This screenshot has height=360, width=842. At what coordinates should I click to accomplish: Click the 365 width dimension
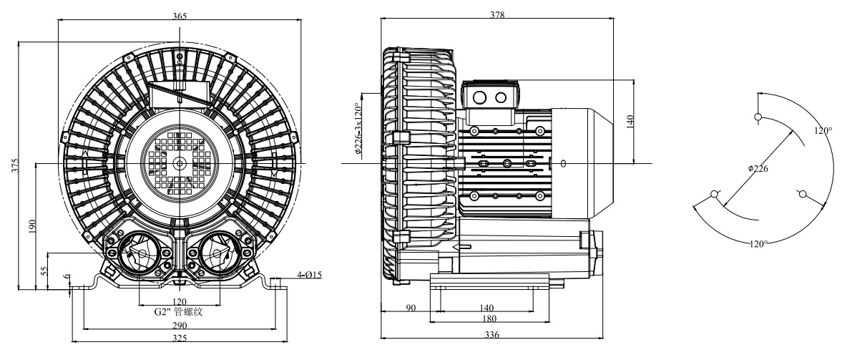pos(180,16)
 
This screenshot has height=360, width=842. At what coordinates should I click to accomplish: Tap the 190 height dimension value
pos(31,225)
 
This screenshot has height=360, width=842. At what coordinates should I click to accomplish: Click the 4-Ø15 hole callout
pos(309,275)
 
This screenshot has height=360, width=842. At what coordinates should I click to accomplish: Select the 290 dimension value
pos(180,325)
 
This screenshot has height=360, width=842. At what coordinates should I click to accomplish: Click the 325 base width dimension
pos(180,338)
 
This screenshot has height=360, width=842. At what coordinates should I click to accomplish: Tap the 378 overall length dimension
pos(498,15)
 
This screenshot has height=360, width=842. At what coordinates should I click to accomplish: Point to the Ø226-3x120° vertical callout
pos(358,128)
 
